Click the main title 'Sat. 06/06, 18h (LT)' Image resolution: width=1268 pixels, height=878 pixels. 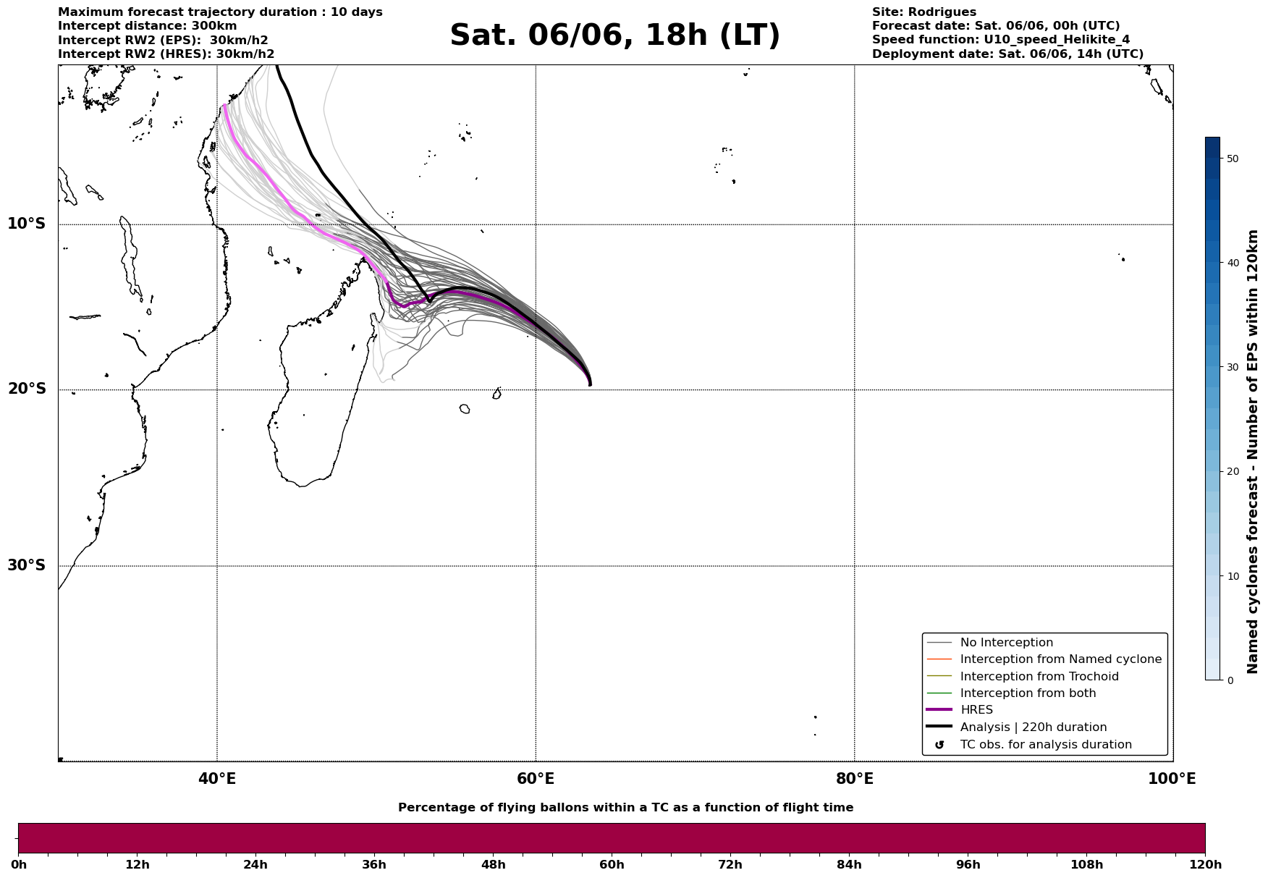pyautogui.click(x=614, y=35)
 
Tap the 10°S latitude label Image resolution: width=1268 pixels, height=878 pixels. pyautogui.click(x=27, y=224)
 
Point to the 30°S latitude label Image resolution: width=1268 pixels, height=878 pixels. pyautogui.click(x=27, y=565)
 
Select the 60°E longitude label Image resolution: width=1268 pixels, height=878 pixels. pyautogui.click(x=536, y=779)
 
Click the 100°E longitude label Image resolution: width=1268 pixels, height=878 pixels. pyautogui.click(x=1172, y=779)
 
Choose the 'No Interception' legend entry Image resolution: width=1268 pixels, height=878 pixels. pyautogui.click(x=1006, y=643)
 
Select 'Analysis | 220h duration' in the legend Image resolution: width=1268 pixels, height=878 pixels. pyautogui.click(x=1034, y=727)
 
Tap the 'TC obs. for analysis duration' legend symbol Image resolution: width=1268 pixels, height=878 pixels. pyautogui.click(x=939, y=745)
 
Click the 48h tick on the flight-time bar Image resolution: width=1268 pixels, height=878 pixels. pyautogui.click(x=494, y=864)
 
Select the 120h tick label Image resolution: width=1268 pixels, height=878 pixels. pyautogui.click(x=1205, y=864)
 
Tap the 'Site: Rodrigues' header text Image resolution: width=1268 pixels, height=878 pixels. pyautogui.click(x=924, y=12)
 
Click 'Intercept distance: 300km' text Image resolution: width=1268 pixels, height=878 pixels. pyautogui.click(x=148, y=26)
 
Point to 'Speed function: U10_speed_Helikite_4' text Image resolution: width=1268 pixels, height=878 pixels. pyautogui.click(x=1001, y=40)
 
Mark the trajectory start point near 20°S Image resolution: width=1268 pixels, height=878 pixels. pyautogui.click(x=590, y=384)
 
